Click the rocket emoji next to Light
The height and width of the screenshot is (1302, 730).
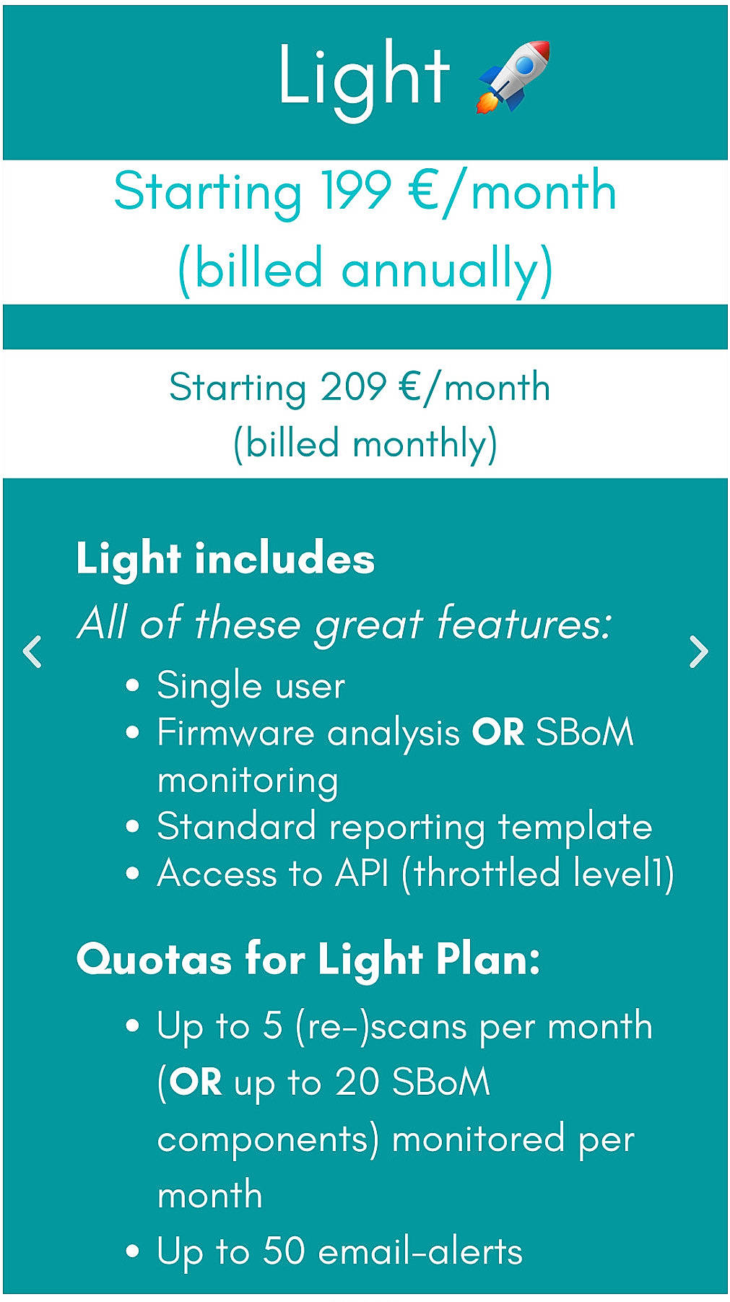(513, 77)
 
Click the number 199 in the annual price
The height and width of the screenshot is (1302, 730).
(355, 192)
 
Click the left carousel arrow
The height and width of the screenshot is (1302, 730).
(32, 652)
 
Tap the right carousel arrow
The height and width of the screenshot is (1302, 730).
(698, 652)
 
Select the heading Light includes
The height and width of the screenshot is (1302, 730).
(225, 559)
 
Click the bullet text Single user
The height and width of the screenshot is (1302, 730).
(251, 685)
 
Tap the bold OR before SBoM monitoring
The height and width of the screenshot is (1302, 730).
(497, 732)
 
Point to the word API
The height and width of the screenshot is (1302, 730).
(362, 873)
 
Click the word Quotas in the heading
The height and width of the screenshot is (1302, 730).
(154, 960)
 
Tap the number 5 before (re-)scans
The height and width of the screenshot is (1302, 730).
(272, 1026)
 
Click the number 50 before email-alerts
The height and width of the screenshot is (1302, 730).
(283, 1251)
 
